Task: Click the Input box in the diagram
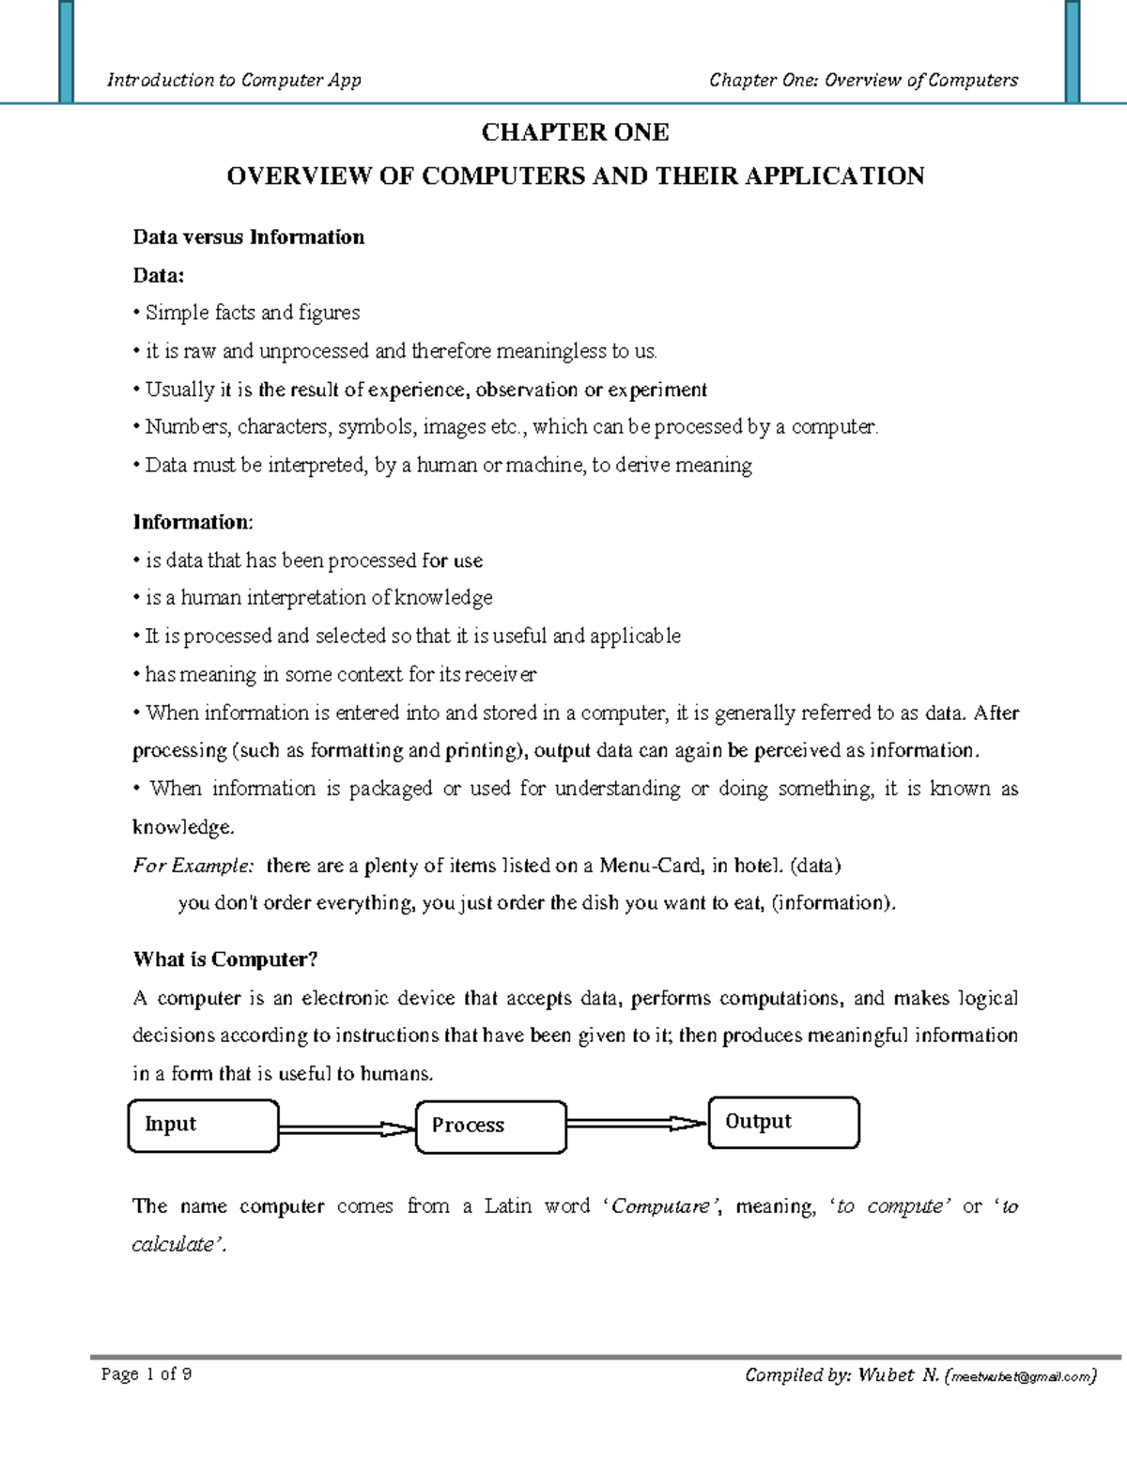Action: coord(203,1125)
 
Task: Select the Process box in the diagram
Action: coord(490,1126)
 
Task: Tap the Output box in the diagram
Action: coord(783,1122)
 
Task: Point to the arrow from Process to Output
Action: coord(636,1123)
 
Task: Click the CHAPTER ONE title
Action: coord(575,132)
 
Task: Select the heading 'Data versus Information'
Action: coord(248,237)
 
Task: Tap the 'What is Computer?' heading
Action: coord(225,959)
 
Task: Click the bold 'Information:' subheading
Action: coord(193,522)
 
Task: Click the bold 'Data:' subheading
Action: coord(159,275)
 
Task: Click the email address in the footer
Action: coord(1022,1377)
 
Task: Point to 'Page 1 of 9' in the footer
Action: coord(147,1374)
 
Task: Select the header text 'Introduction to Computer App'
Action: coord(234,80)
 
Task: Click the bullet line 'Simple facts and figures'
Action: coord(251,313)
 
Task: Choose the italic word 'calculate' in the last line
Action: coord(173,1245)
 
